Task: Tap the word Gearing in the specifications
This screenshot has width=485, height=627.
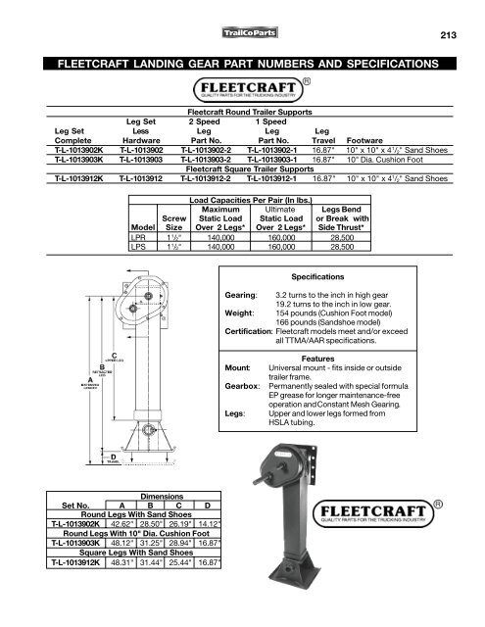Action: (241, 294)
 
